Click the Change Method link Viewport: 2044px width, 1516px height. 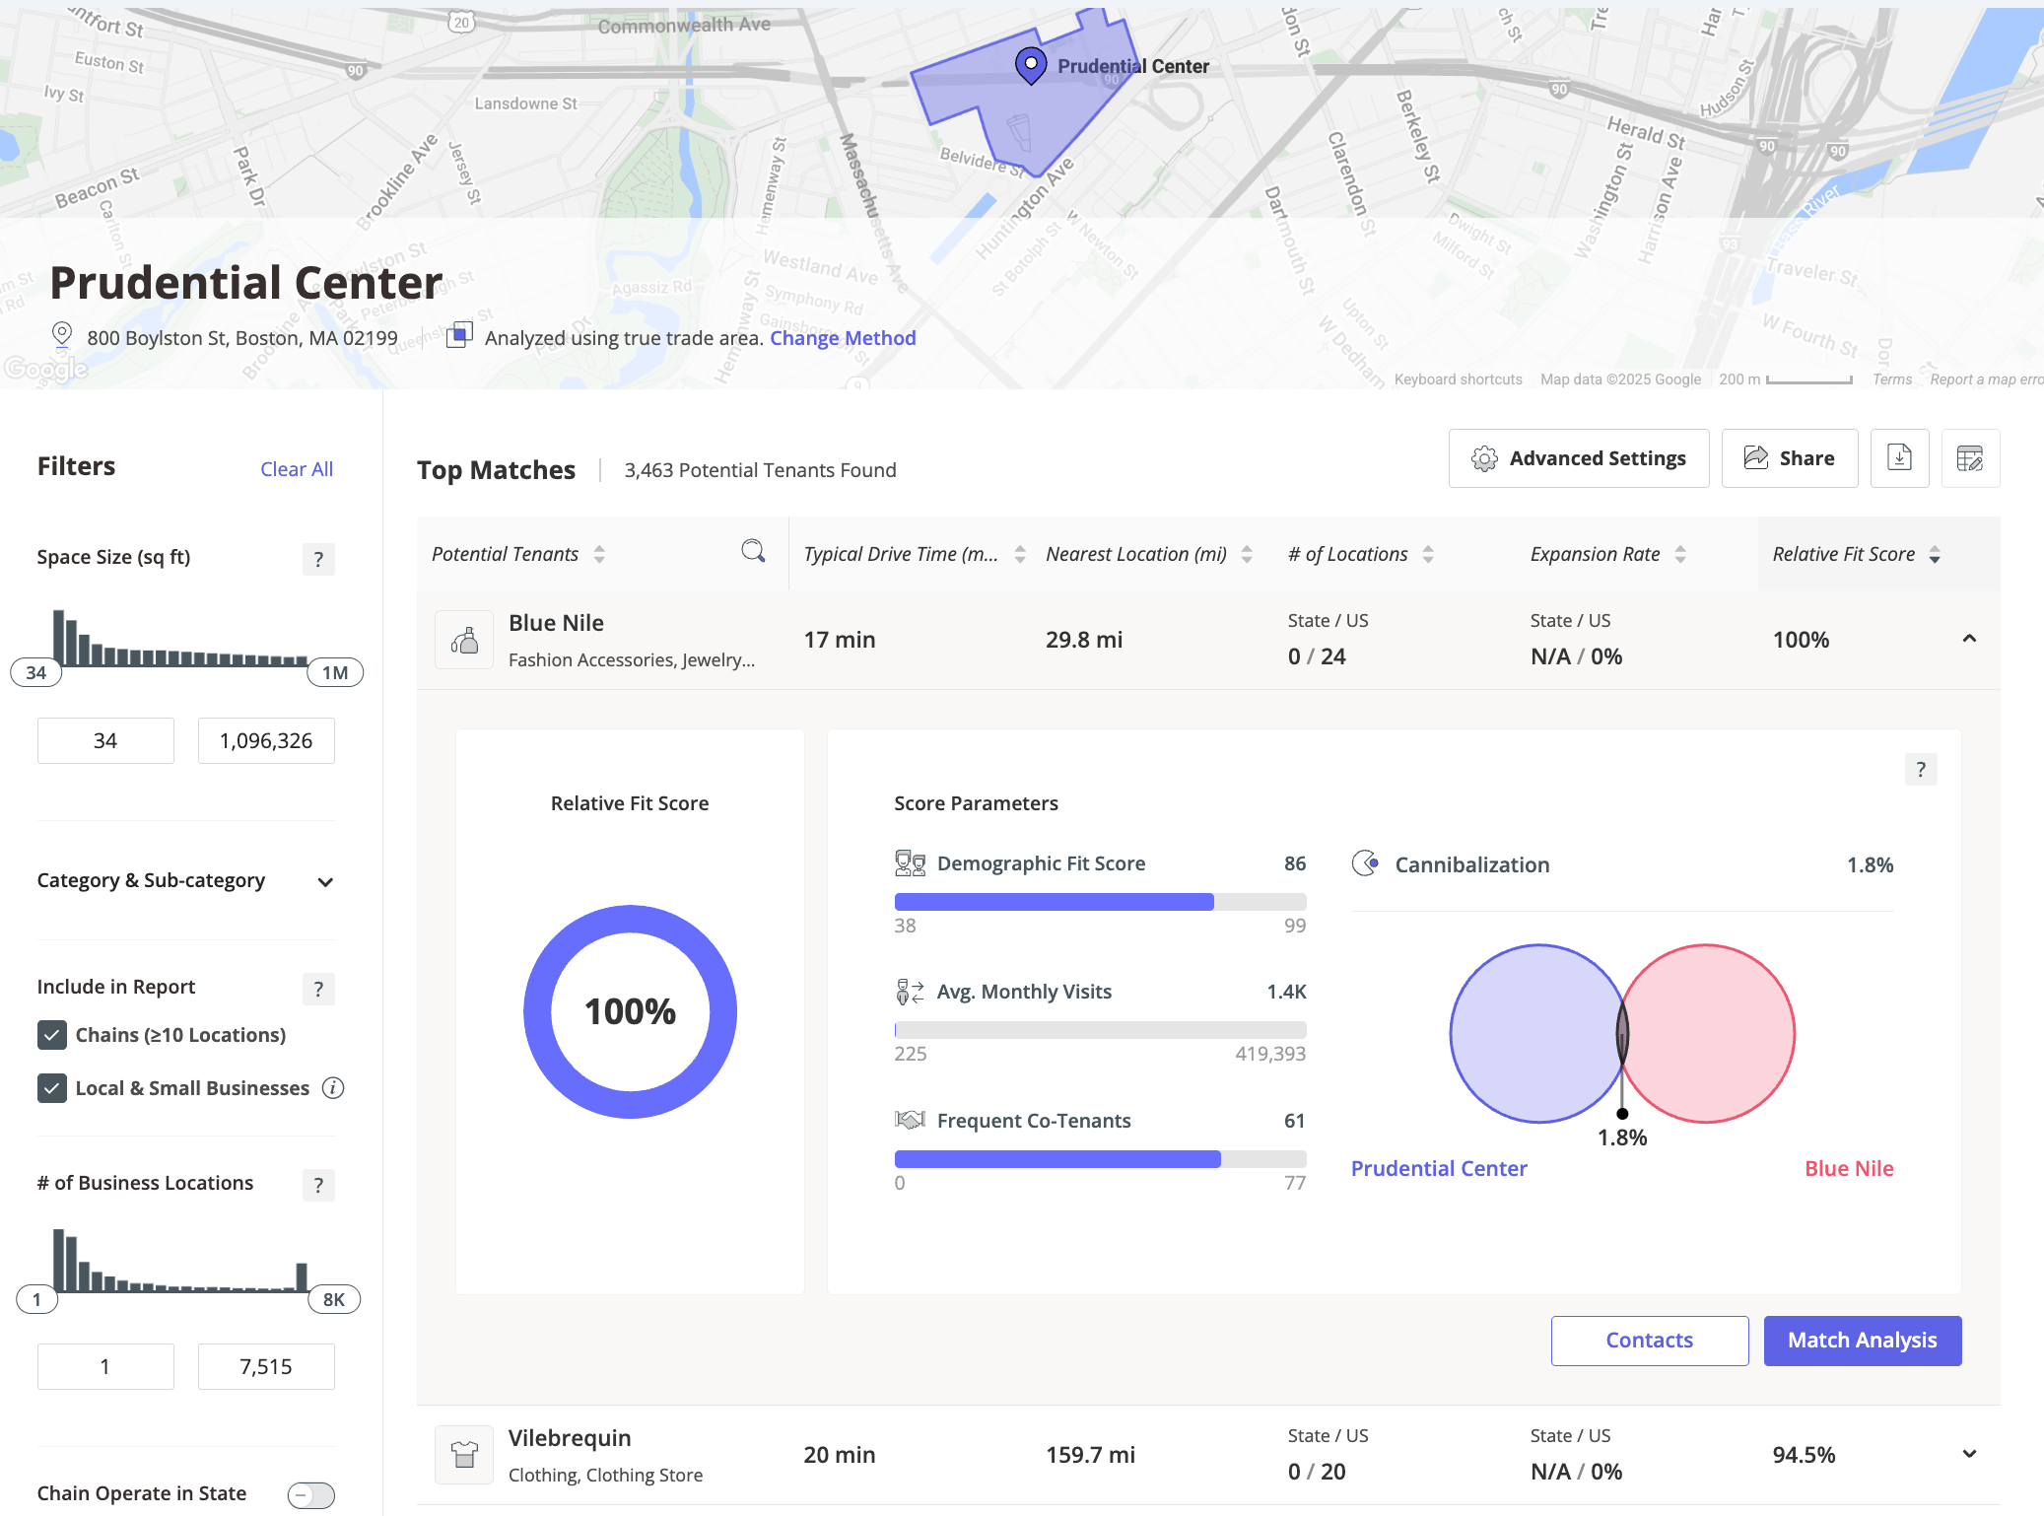point(843,338)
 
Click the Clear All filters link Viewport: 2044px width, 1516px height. point(296,469)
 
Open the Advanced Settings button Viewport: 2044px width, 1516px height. point(1578,458)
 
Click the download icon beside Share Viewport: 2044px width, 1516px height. point(1898,458)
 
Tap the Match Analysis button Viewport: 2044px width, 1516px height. point(1862,1341)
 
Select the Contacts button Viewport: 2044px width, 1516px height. point(1649,1341)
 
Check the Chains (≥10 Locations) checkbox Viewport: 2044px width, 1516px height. point(52,1035)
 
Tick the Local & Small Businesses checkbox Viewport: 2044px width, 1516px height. point(52,1088)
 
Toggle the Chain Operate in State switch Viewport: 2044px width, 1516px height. point(310,1495)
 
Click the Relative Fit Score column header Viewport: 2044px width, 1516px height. point(1843,554)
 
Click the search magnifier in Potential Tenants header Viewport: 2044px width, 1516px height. point(753,551)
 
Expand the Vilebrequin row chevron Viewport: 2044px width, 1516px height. point(1969,1454)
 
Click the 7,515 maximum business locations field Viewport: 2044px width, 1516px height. point(266,1366)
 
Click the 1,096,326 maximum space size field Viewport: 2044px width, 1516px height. point(266,740)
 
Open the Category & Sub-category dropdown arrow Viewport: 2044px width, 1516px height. point(325,882)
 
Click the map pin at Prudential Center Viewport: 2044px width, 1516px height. point(1030,65)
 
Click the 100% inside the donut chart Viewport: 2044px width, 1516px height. point(630,1011)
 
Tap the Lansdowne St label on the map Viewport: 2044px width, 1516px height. point(525,103)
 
